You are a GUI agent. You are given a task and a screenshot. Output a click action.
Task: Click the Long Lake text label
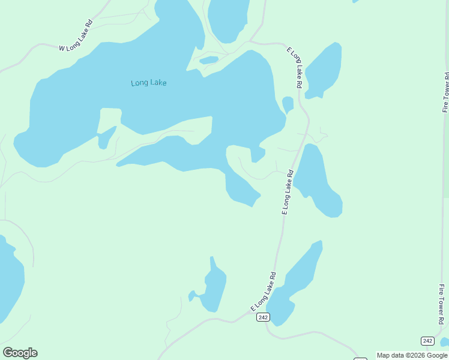click(148, 83)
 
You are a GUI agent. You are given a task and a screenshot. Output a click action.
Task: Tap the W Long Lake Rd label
click(76, 38)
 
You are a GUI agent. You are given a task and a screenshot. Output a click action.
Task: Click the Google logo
click(20, 353)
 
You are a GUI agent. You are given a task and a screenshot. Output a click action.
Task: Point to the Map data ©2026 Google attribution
click(412, 355)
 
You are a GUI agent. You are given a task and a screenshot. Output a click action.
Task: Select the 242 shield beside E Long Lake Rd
click(262, 317)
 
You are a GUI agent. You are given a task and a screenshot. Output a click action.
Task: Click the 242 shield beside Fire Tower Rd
click(427, 341)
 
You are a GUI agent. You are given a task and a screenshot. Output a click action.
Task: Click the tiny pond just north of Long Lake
click(209, 60)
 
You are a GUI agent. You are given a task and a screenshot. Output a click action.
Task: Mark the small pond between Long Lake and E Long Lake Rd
click(288, 104)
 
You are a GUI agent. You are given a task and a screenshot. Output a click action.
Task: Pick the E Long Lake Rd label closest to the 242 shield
click(264, 292)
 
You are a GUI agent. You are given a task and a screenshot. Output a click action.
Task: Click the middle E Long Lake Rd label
click(288, 192)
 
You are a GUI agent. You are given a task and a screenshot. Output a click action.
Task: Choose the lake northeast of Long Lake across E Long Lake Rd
click(324, 69)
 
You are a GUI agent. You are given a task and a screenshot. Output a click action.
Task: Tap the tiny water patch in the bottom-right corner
click(445, 342)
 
